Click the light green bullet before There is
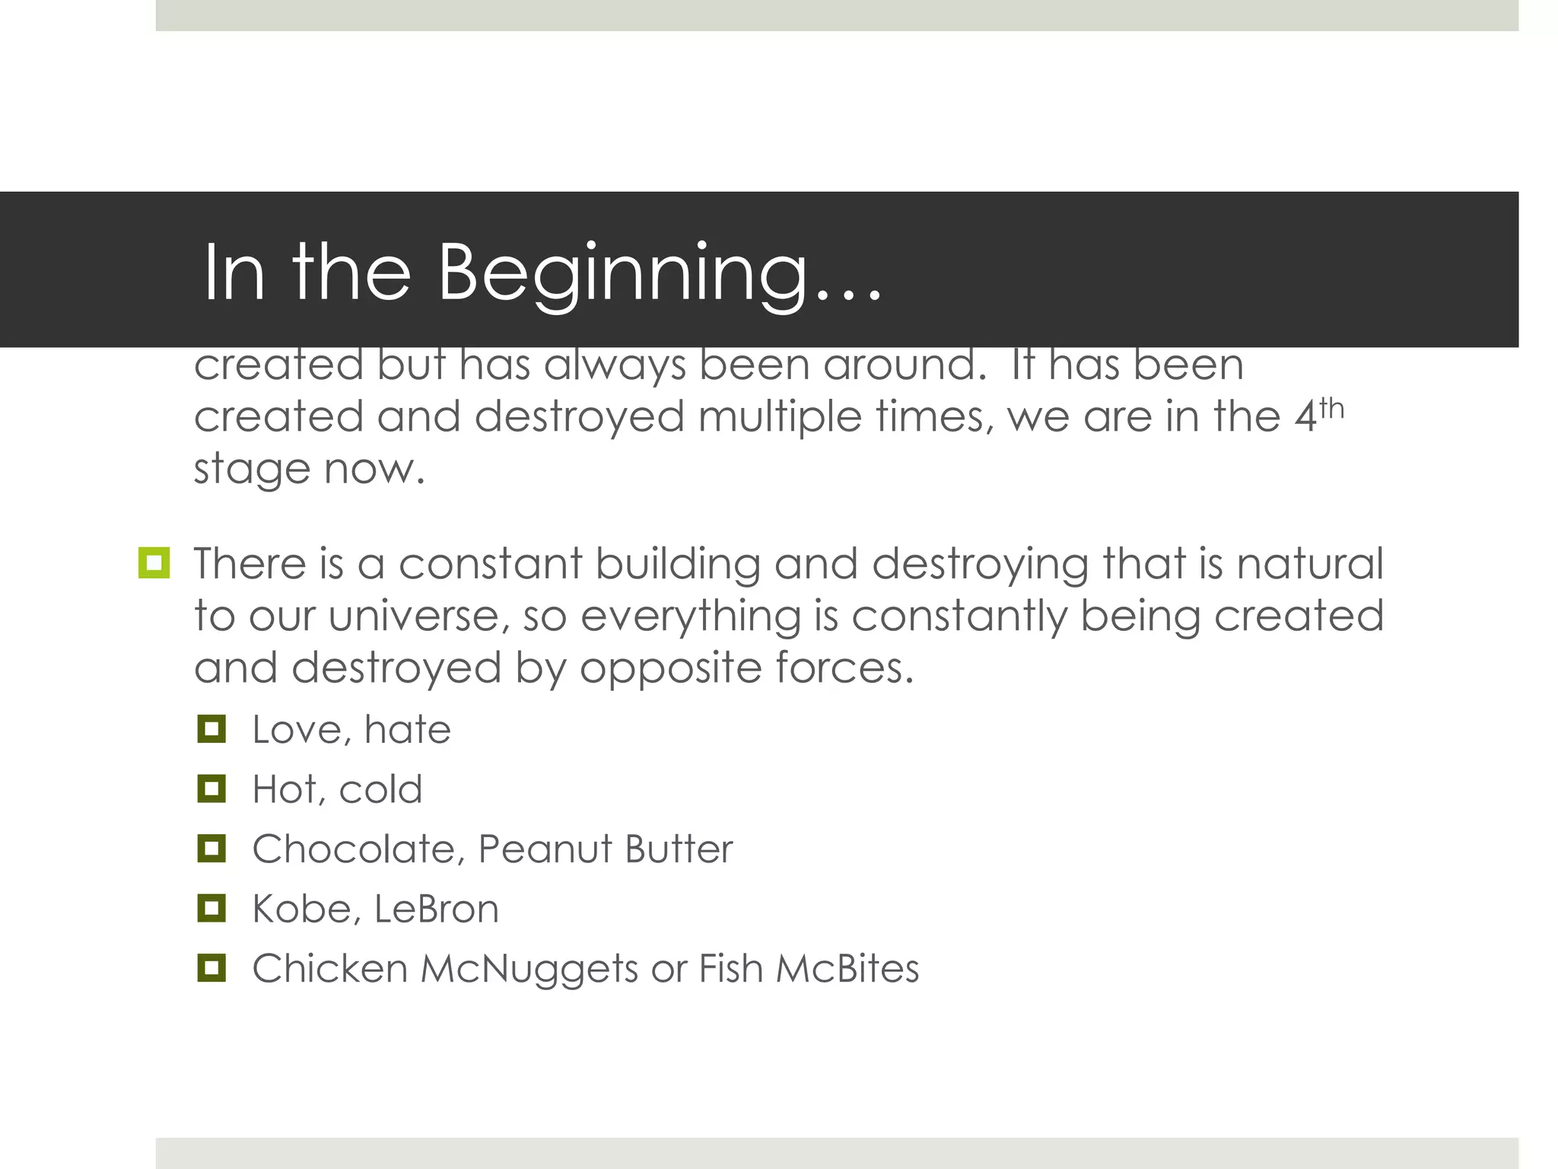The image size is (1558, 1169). click(x=154, y=563)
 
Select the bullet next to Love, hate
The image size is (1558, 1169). click(x=211, y=728)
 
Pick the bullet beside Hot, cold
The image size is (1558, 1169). click(x=211, y=788)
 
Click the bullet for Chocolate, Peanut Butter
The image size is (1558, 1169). click(x=211, y=848)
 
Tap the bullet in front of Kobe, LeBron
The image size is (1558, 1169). click(x=211, y=908)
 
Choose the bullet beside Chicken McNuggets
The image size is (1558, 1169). click(x=211, y=968)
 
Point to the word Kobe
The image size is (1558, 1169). click(x=301, y=909)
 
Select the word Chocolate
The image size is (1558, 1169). click(x=355, y=849)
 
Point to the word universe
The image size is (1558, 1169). click(x=415, y=616)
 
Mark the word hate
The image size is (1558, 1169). click(x=408, y=729)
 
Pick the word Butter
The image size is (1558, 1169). click(x=679, y=849)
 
